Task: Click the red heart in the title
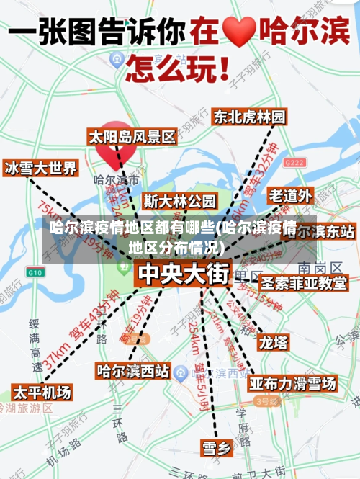[x=240, y=32]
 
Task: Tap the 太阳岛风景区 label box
[x=132, y=137]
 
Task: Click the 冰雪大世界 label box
[x=40, y=169]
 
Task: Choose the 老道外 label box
[x=291, y=195]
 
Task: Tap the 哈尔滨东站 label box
[x=326, y=232]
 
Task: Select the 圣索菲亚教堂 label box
[x=303, y=283]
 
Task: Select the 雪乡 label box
[x=216, y=448]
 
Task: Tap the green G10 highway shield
[x=35, y=272]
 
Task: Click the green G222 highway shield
[x=294, y=164]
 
